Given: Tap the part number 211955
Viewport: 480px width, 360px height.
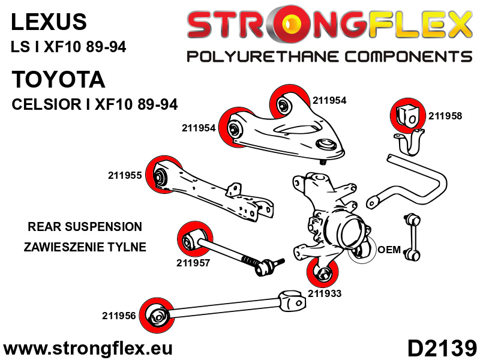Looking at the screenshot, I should pos(125,176).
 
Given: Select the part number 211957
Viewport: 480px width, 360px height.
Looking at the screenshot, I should pos(193,262).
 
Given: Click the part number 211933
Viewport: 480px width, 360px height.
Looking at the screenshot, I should pos(324,293).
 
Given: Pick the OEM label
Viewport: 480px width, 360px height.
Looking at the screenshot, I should pos(389,250).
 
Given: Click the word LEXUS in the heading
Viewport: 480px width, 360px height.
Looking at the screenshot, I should pos(49,22).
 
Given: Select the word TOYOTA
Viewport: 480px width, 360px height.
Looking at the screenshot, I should pos(58,80).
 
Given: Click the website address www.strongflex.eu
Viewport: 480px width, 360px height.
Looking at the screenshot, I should pos(88,348).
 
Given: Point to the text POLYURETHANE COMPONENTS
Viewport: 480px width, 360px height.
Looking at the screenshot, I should pos(329,57).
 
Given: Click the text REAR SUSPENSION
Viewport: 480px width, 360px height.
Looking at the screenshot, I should pos(85,227).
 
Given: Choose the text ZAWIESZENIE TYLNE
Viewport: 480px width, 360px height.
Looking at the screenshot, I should pos(85,247).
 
